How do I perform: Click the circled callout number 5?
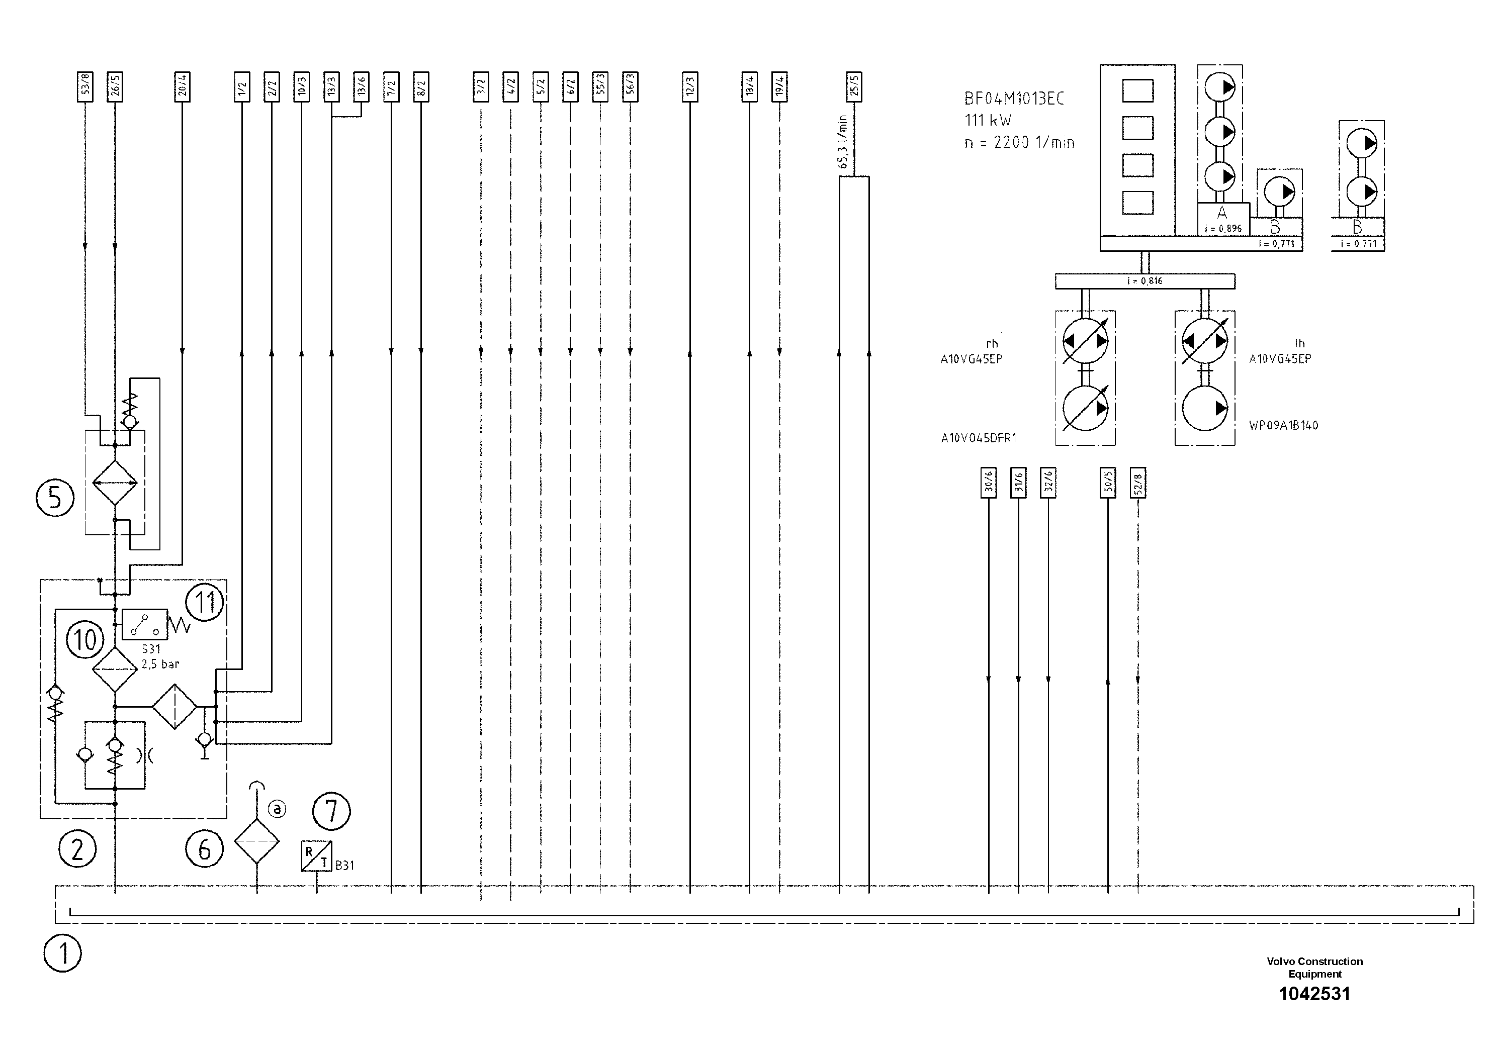55,498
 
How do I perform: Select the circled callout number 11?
205,602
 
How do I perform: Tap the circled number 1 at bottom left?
62,954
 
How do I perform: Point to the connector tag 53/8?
85,86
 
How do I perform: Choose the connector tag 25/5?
854,86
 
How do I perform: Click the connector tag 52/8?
1138,483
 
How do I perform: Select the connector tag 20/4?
182,86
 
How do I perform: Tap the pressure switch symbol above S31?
145,625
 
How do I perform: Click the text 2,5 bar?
160,664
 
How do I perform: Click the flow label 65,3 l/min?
843,142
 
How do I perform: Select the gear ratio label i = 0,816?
1145,281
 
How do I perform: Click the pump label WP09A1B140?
1283,426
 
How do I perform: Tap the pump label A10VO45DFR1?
979,438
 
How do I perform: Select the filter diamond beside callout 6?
257,841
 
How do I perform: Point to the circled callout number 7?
331,811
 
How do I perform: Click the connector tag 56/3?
630,86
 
